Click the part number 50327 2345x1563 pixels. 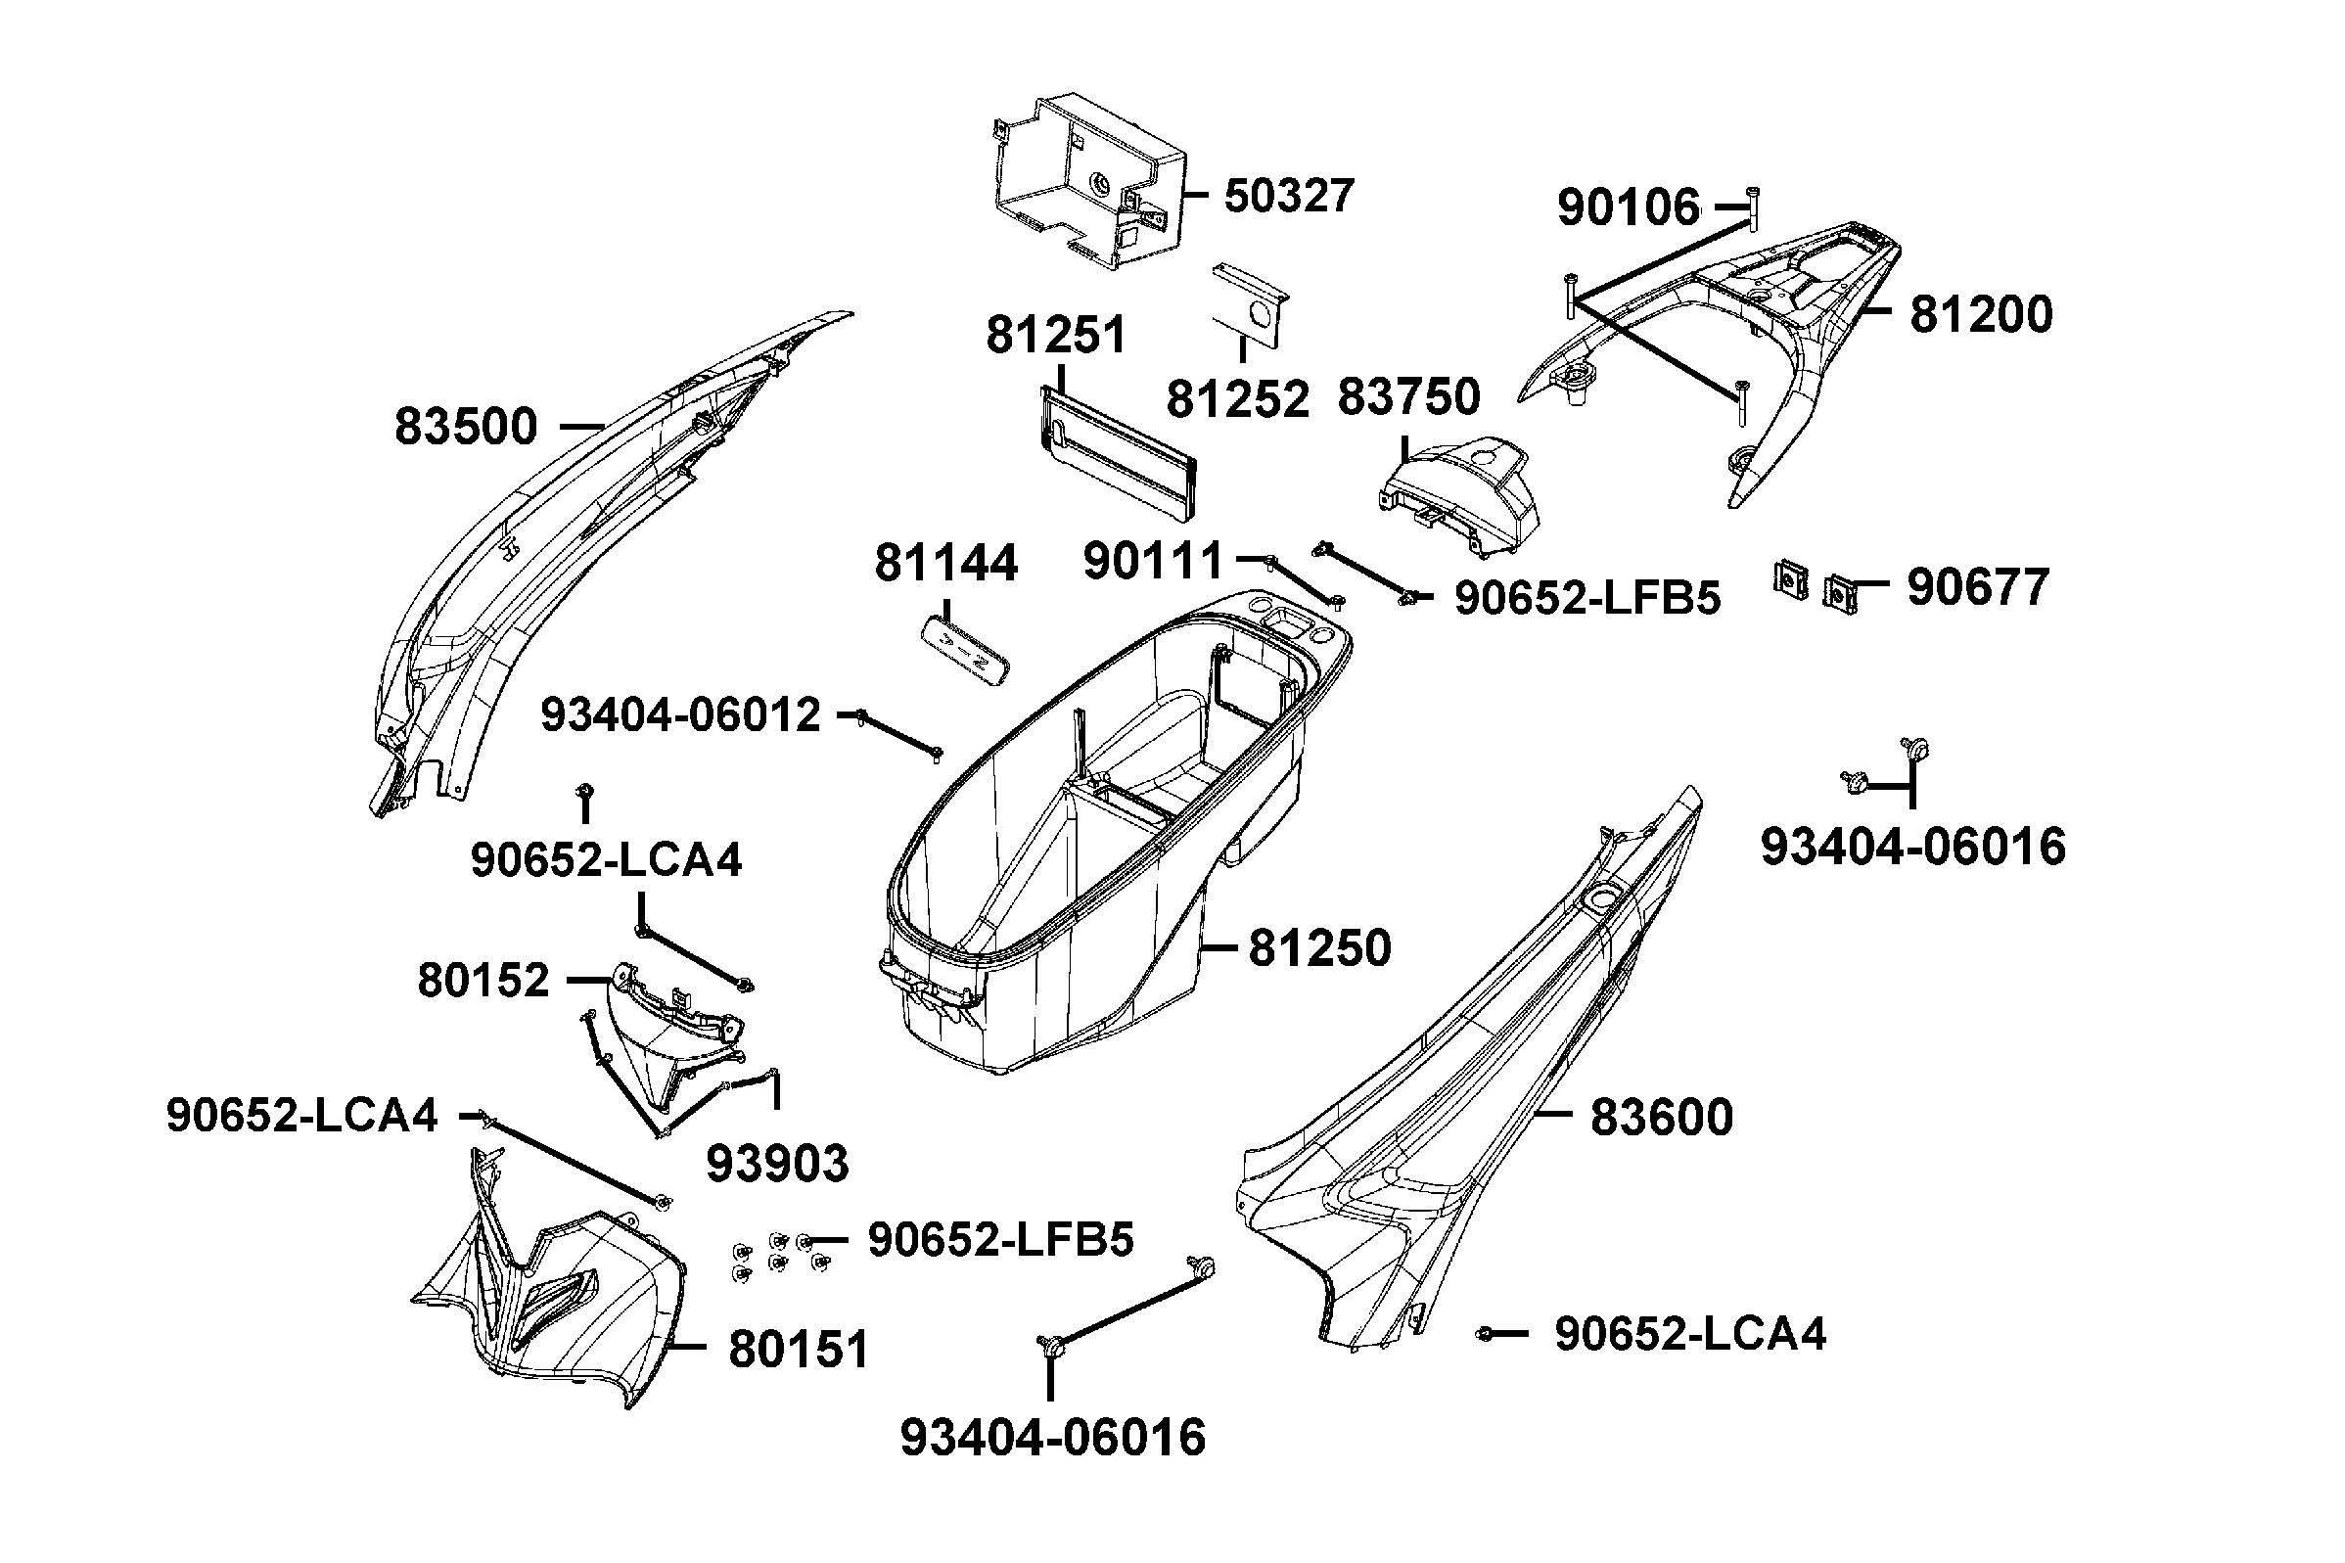pos(1289,196)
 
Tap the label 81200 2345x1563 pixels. pos(1980,314)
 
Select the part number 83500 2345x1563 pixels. pos(466,427)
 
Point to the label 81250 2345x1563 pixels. pos(1319,948)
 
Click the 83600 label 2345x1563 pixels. pos(1661,1117)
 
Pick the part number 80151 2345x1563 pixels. pos(799,1350)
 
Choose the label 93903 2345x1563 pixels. pos(777,1164)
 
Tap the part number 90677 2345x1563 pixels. pos(1977,587)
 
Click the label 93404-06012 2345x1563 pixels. pos(680,715)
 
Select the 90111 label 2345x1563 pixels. pos(1152,561)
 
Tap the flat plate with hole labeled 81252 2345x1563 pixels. pos(1250,304)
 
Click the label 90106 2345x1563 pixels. pos(1629,208)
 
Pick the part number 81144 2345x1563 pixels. pos(945,563)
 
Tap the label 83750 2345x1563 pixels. pos(1407,396)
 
